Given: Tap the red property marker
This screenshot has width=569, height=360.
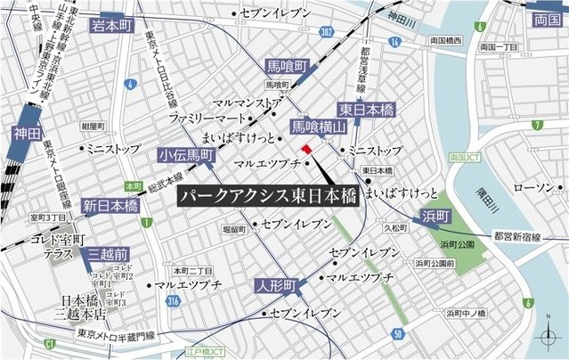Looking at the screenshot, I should click(x=305, y=149).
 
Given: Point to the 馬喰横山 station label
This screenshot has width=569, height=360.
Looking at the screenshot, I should click(x=317, y=127).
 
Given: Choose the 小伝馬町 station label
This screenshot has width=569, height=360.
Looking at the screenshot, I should click(x=186, y=155).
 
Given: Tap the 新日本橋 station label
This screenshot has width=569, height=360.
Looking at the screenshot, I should click(x=110, y=206).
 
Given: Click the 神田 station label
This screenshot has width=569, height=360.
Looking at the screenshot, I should click(x=28, y=135).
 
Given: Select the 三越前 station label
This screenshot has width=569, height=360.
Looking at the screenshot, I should click(x=110, y=254).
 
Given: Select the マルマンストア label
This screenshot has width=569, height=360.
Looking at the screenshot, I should click(x=248, y=102).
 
